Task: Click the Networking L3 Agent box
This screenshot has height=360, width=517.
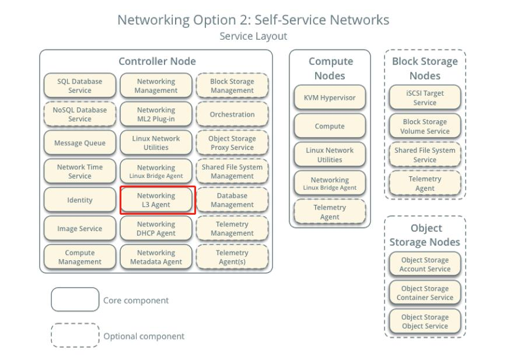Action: click(x=156, y=200)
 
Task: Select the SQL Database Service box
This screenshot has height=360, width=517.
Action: click(x=80, y=86)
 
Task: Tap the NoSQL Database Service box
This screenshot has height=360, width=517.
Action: click(x=80, y=114)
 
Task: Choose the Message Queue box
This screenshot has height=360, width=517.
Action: click(x=80, y=143)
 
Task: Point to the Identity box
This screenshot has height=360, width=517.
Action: click(x=80, y=200)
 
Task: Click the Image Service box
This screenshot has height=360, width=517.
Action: click(x=80, y=229)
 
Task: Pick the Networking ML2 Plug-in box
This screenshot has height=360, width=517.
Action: click(x=156, y=114)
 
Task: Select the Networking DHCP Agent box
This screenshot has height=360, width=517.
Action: click(x=156, y=229)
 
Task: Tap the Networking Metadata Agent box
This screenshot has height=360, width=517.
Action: click(x=156, y=257)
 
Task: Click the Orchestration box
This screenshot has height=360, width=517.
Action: click(x=232, y=114)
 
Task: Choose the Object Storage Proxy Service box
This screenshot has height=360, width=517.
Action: click(x=232, y=143)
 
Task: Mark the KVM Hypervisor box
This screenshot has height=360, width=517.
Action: click(x=330, y=97)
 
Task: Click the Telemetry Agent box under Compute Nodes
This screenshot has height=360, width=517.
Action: click(x=330, y=212)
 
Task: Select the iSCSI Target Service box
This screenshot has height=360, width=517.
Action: click(x=425, y=97)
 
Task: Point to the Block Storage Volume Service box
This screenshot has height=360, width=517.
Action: click(x=425, y=126)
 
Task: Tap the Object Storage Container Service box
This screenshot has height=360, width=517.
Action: click(x=425, y=293)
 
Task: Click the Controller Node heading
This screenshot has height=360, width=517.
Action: click(x=157, y=61)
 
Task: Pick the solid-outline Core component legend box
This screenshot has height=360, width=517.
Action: click(x=75, y=300)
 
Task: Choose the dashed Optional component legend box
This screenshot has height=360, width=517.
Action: click(x=75, y=335)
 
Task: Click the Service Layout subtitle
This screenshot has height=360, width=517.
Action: click(x=253, y=36)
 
